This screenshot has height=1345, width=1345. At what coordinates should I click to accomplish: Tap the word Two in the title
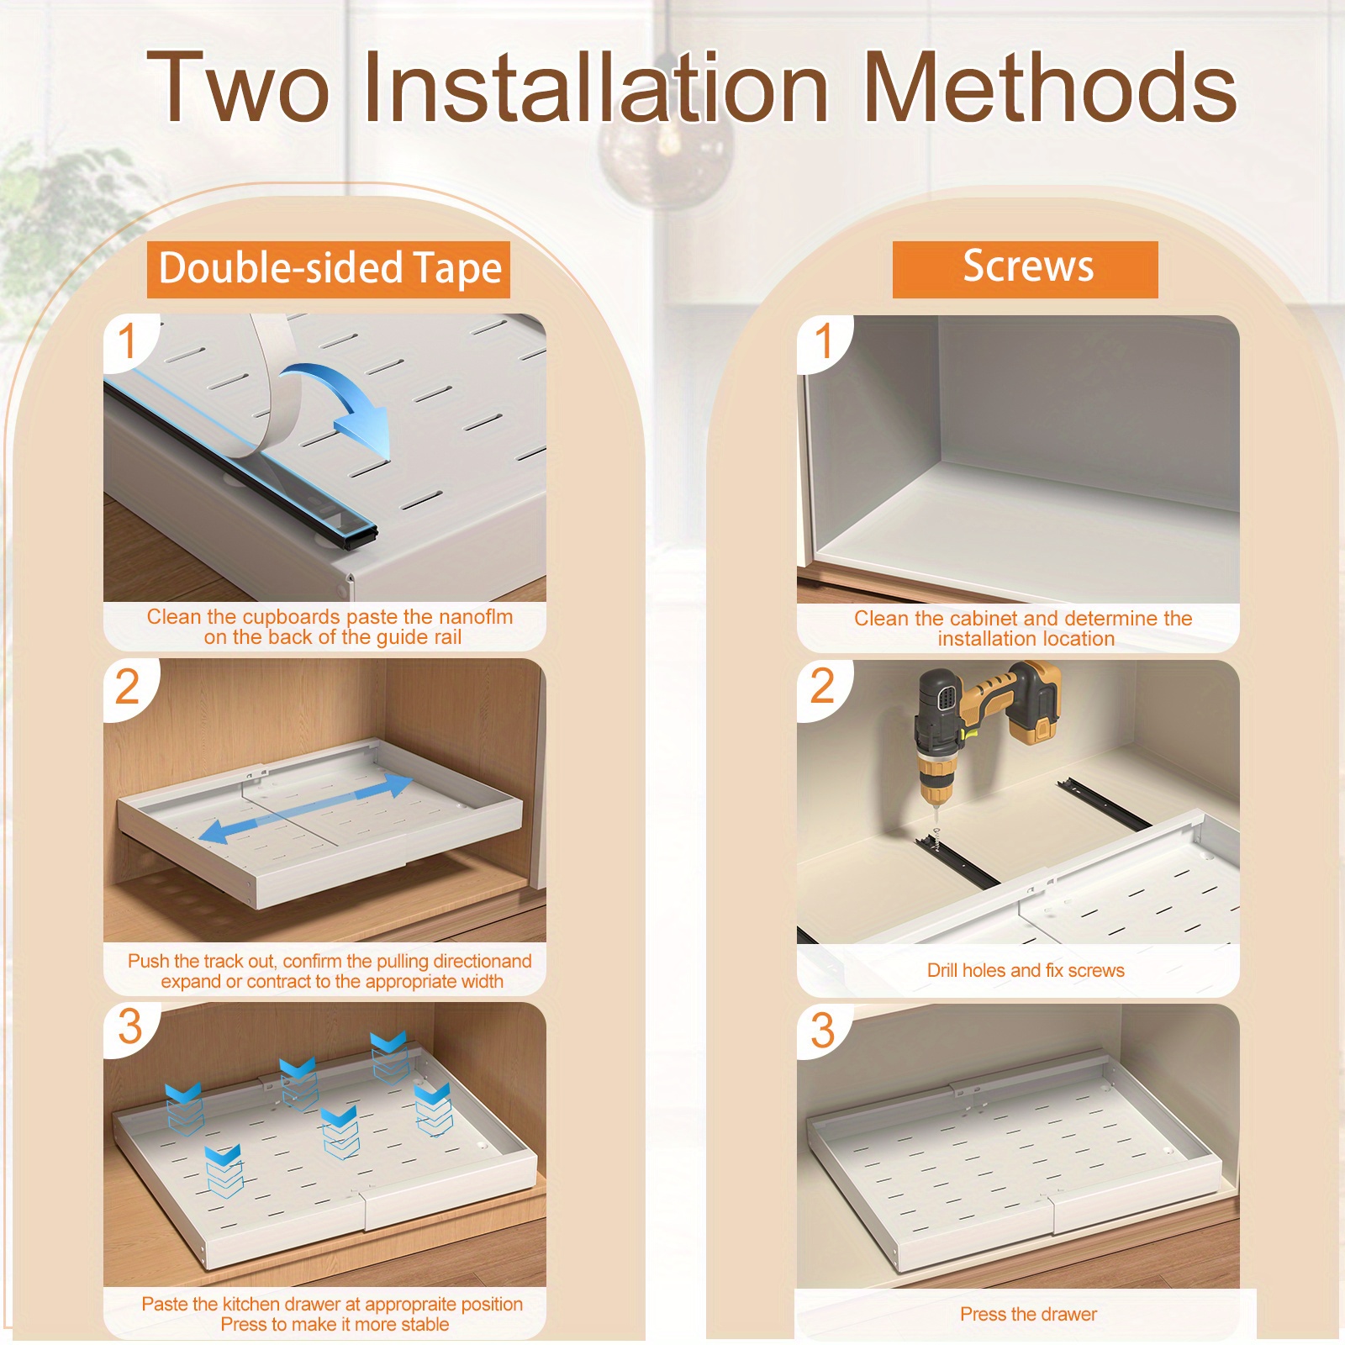(x=238, y=87)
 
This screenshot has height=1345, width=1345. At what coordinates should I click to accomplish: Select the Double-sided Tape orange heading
(x=329, y=269)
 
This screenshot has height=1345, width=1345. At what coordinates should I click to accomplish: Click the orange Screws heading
(x=1026, y=268)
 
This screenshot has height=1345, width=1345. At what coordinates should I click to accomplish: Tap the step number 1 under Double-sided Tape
(x=127, y=340)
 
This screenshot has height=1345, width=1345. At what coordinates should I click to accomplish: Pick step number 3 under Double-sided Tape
(x=129, y=1027)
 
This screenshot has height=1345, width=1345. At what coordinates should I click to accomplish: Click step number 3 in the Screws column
(x=822, y=1031)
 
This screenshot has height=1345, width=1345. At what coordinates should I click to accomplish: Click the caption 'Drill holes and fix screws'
(x=1026, y=970)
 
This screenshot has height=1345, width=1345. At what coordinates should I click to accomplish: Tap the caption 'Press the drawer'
(x=1028, y=1314)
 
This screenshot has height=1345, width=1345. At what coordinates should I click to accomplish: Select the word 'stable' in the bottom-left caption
(x=425, y=1324)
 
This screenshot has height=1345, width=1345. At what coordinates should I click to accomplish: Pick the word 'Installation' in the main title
(x=597, y=87)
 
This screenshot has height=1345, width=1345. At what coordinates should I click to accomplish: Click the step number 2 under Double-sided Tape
(x=127, y=686)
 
